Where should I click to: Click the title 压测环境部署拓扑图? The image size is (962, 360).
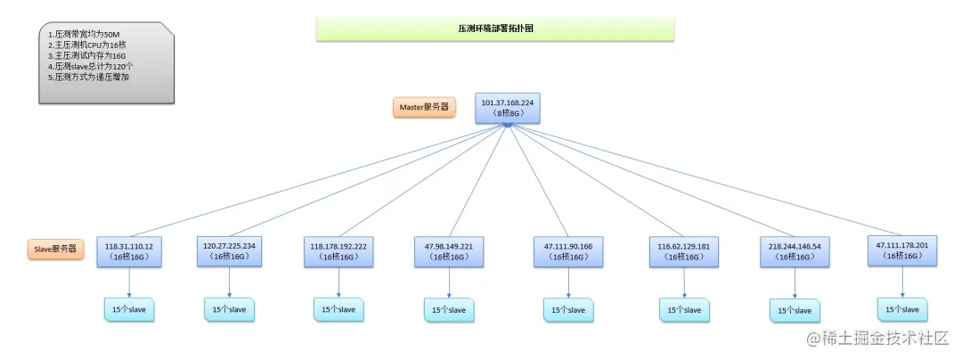[x=495, y=29]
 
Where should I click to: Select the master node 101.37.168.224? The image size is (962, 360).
[x=507, y=108]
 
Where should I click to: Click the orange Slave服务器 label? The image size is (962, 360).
[x=55, y=250]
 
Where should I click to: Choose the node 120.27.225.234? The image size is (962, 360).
[x=229, y=250]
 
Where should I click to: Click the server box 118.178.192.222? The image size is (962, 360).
[x=339, y=250]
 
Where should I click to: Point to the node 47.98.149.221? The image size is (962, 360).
[x=448, y=250]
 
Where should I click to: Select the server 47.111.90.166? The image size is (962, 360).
[x=567, y=250]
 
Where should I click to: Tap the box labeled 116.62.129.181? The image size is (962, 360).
[x=684, y=250]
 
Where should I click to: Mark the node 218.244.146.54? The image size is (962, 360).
[x=795, y=250]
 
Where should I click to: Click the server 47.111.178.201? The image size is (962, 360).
[x=903, y=250]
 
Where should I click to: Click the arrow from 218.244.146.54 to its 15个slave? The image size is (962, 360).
[x=795, y=282]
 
